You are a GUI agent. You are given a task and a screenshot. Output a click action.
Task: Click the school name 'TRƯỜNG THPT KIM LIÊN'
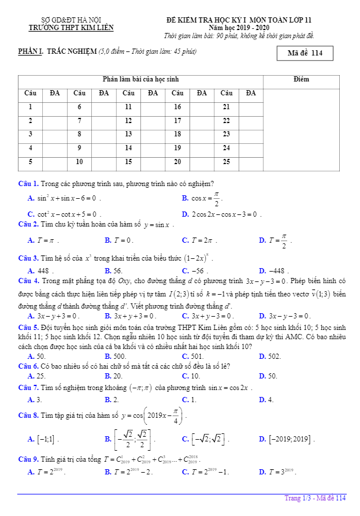pyautogui.click(x=72, y=28)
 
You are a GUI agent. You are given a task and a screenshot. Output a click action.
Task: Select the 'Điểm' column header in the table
pyautogui.click(x=301, y=79)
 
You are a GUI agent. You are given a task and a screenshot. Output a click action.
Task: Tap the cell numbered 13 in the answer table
pyautogui.click(x=128, y=133)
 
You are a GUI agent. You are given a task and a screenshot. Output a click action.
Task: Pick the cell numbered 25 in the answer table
pyautogui.click(x=227, y=161)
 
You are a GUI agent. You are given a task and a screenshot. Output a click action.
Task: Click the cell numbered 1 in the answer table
pyautogui.click(x=30, y=106)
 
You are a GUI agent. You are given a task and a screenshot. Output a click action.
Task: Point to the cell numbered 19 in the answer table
pyautogui.click(x=177, y=147)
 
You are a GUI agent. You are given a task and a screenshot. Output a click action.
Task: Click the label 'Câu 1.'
pyautogui.click(x=28, y=184)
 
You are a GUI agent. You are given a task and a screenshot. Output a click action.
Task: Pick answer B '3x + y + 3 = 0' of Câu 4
pyautogui.click(x=131, y=316)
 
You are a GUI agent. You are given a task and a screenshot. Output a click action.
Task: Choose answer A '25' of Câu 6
pyautogui.click(x=36, y=376)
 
